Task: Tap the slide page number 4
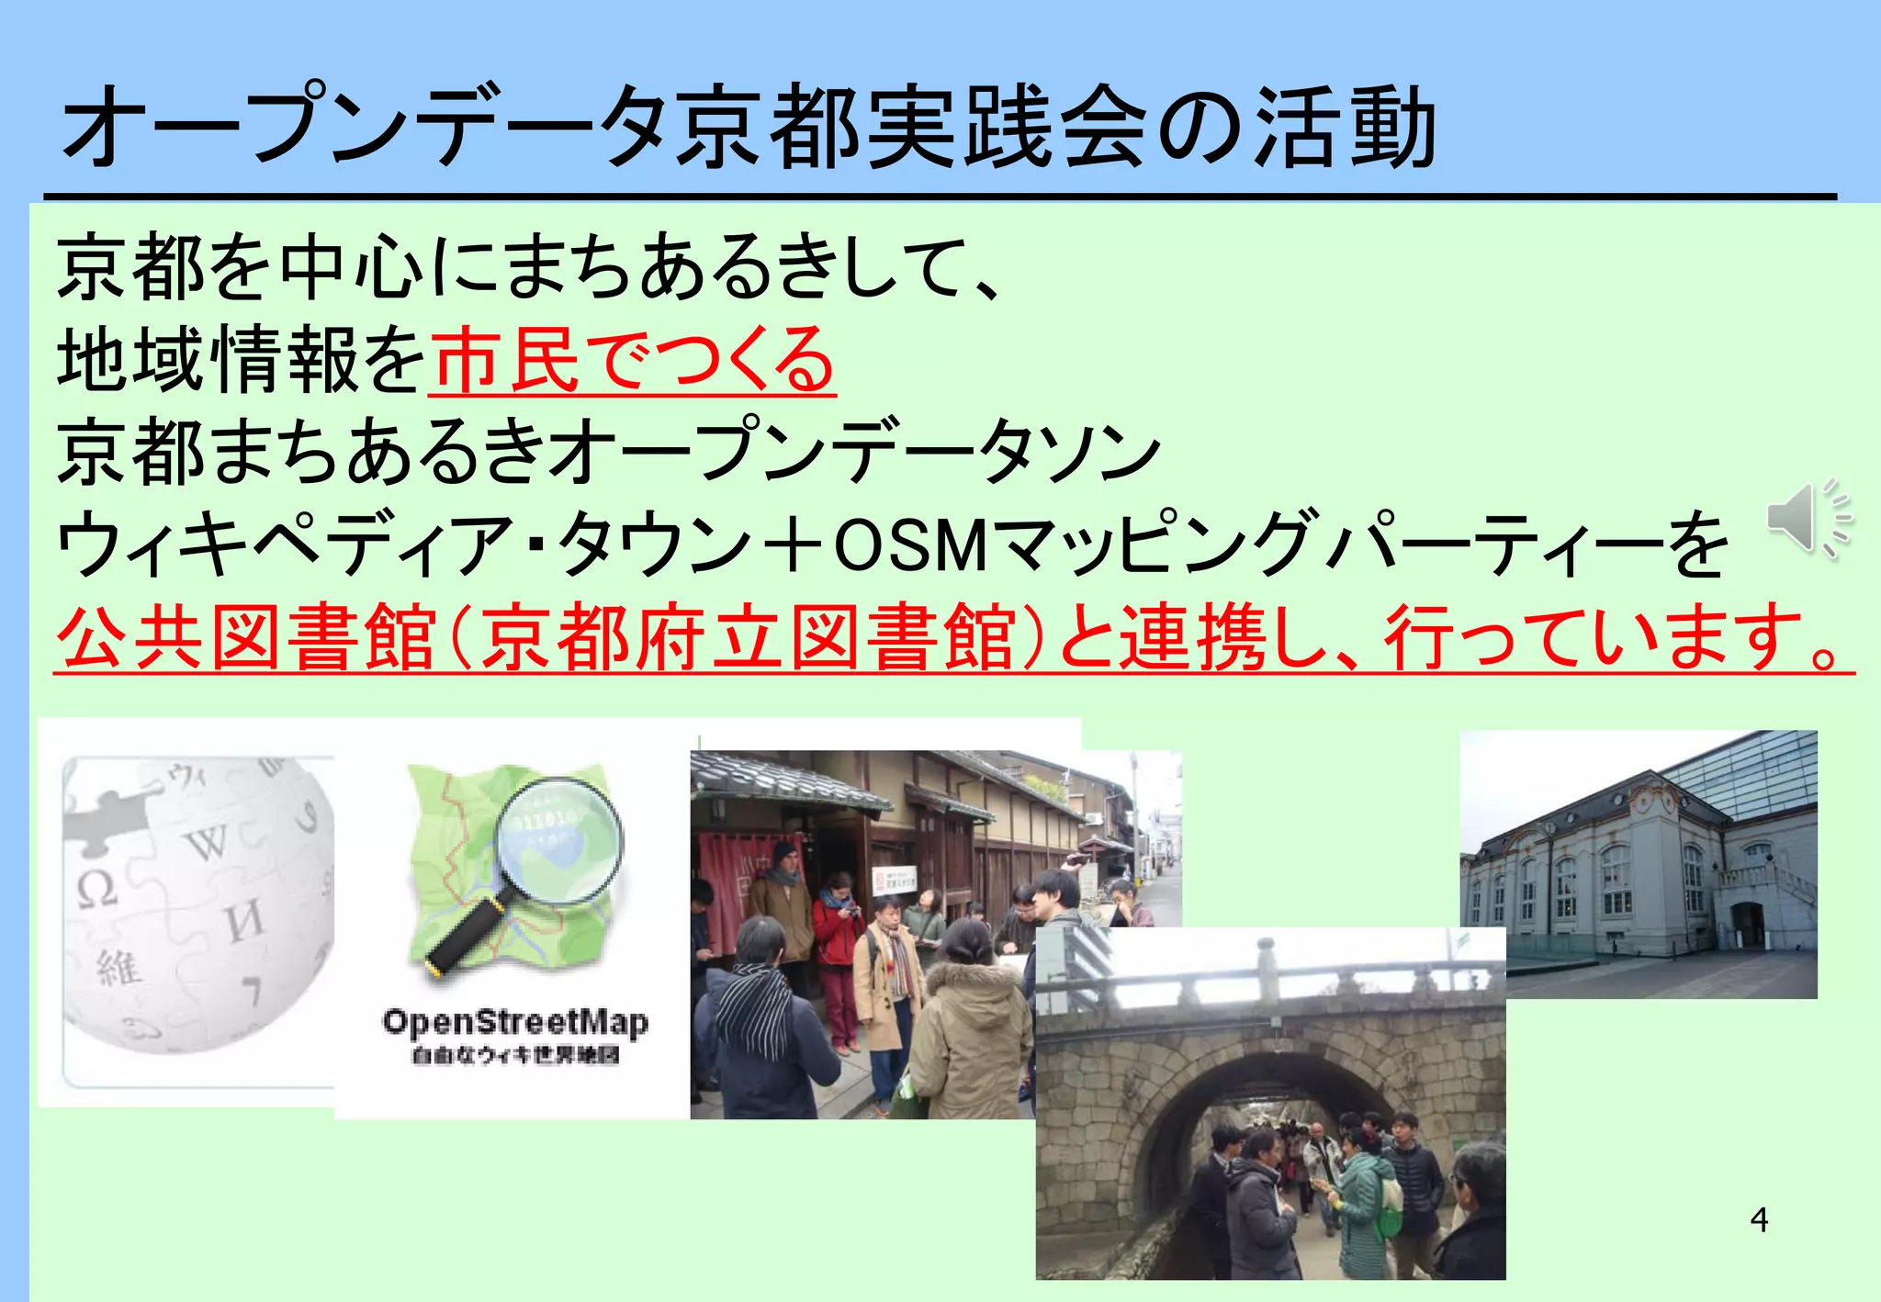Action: [1759, 1219]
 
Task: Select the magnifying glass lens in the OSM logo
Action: [558, 840]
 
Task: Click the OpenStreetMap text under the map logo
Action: [515, 1022]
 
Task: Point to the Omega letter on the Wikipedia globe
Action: [96, 889]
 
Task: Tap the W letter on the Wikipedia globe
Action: [209, 842]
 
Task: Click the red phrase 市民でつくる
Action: [633, 360]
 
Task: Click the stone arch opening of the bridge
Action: [1286, 1139]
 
